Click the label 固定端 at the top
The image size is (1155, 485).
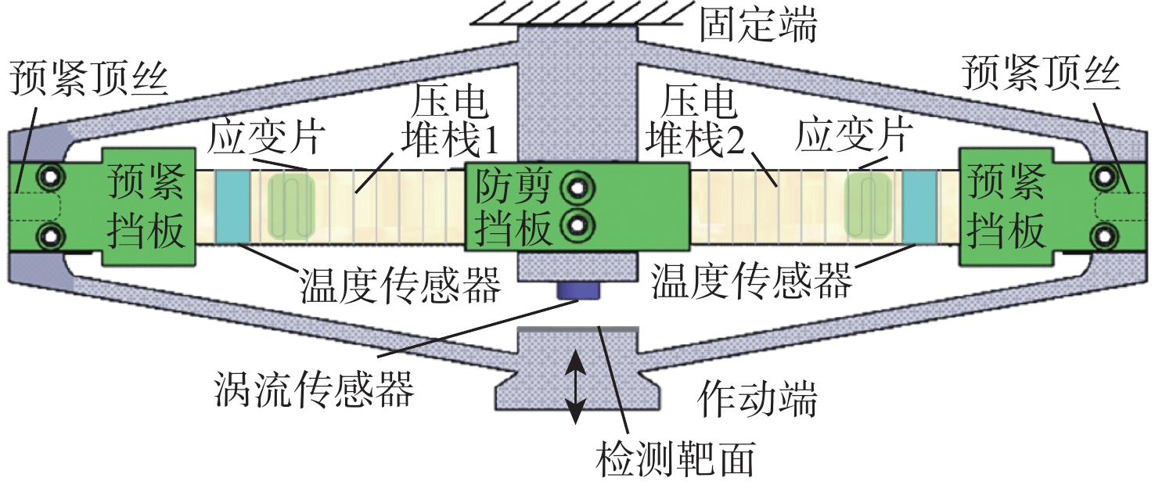point(758,25)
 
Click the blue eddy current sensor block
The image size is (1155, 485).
point(578,291)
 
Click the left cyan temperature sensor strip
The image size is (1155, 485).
point(232,207)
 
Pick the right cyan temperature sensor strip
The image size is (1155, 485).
point(919,207)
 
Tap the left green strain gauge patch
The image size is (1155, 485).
point(291,207)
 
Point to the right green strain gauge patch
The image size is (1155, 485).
point(869,207)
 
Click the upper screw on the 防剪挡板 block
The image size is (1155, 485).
point(578,189)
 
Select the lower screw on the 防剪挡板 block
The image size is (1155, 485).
point(578,225)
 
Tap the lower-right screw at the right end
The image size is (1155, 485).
point(1104,236)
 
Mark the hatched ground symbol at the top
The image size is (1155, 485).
point(577,13)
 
